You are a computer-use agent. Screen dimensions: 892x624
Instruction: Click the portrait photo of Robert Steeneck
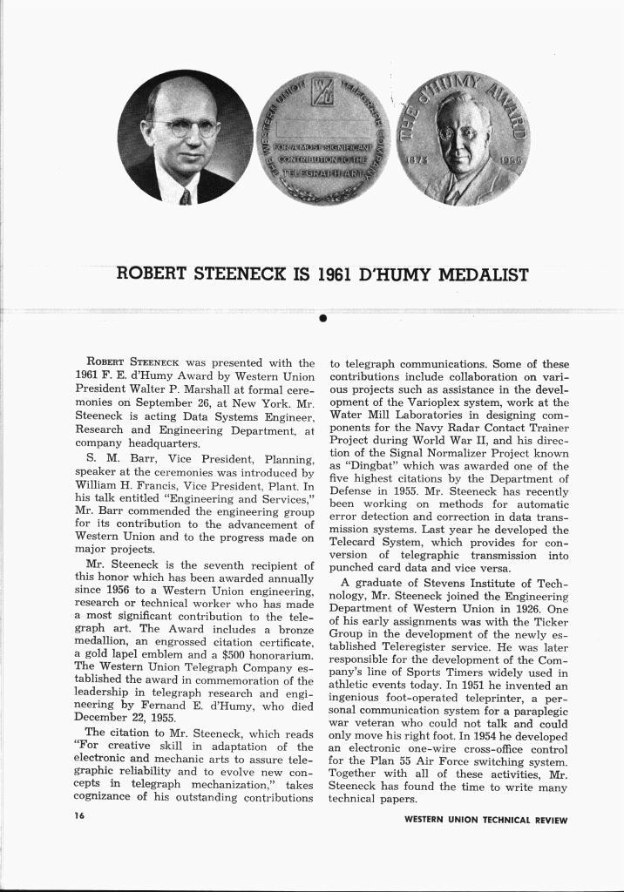pos(185,137)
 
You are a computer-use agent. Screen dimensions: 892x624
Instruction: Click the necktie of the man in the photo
pos(185,197)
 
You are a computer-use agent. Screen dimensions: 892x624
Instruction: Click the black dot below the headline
pos(322,317)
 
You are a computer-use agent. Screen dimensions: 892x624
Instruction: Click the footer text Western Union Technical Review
pos(485,820)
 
